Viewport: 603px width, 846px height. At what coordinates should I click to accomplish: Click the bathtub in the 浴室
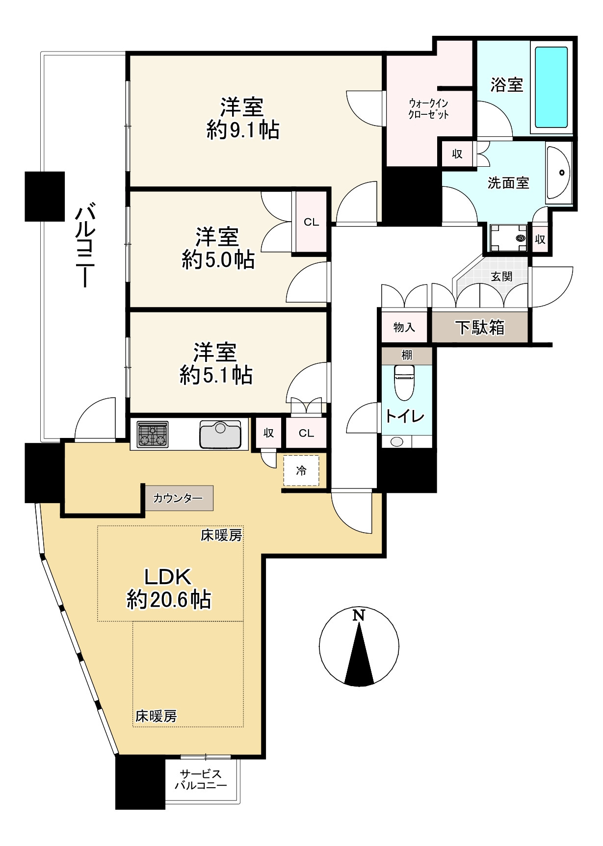point(551,87)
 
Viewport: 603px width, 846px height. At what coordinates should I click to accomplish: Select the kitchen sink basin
point(220,435)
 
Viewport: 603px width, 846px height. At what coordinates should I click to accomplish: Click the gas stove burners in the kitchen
point(153,435)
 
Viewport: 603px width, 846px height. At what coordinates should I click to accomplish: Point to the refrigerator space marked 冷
point(301,471)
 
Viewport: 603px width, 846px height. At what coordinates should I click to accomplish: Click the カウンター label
point(178,498)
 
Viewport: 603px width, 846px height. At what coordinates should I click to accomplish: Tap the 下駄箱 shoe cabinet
point(479,327)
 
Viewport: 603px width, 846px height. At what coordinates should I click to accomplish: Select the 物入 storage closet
point(404,327)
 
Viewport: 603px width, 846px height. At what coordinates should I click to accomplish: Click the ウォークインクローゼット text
point(428,109)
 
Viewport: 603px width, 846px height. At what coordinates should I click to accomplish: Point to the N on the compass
point(359,615)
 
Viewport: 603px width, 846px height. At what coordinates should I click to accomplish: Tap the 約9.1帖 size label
point(243,130)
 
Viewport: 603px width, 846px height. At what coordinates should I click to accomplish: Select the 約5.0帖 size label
point(218,259)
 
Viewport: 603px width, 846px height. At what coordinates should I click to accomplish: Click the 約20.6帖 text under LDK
point(168,599)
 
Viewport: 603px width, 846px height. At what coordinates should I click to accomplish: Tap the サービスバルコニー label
point(201,779)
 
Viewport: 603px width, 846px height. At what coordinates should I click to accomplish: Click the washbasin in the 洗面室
point(559,173)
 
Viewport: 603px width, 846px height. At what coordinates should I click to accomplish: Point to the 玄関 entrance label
point(501,277)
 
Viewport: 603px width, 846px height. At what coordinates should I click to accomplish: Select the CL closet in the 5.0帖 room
point(311,222)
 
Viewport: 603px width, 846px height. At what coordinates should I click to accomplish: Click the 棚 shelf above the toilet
point(407,355)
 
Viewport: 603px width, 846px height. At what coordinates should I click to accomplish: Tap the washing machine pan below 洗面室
point(508,238)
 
